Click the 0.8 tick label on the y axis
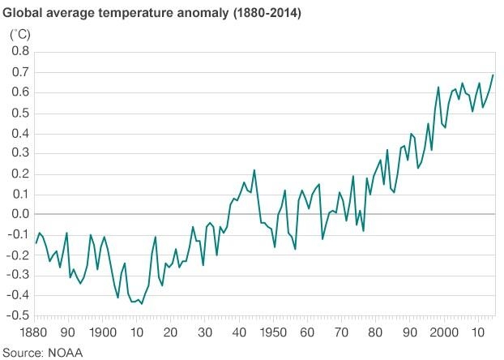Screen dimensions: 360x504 tap(19, 52)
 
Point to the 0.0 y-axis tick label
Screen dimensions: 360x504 tap(19, 214)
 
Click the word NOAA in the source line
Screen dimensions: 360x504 tap(65, 352)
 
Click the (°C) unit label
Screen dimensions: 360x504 tap(19, 35)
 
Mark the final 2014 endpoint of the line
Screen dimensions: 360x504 tap(493, 75)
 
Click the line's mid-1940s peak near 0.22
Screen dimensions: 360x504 tap(254, 169)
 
